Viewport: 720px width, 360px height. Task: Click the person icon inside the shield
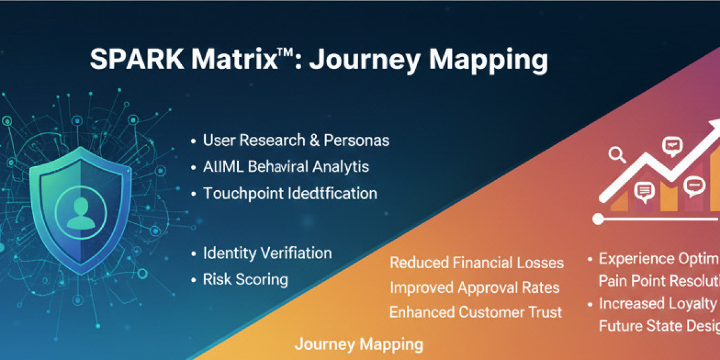tap(80, 214)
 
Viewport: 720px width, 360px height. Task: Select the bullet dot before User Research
tap(193, 142)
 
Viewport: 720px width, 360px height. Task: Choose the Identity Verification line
tap(267, 253)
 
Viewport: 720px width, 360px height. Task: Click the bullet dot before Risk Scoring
tap(193, 280)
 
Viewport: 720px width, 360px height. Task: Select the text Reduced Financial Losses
tap(476, 263)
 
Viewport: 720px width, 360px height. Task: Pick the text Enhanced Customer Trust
tap(475, 312)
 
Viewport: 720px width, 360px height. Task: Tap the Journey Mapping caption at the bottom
tap(358, 344)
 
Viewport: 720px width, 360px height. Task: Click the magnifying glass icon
tap(616, 155)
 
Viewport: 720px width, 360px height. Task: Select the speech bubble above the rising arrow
tap(672, 145)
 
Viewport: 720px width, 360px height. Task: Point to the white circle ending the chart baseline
tap(598, 219)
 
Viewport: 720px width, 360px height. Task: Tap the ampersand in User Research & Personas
tap(314, 140)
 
